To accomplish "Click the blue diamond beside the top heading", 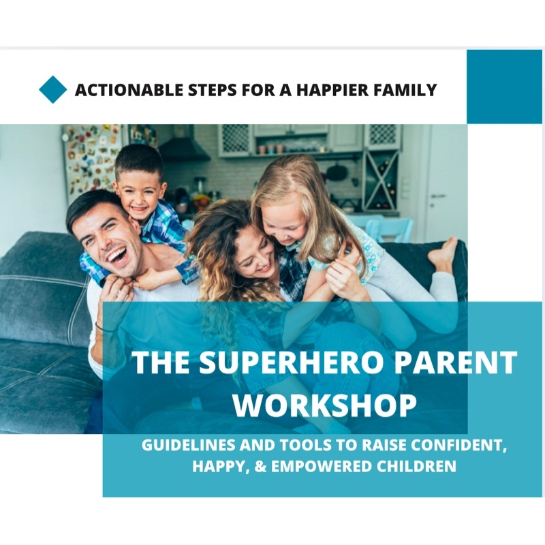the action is pos(53,90).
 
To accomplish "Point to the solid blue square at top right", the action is pos(504,87).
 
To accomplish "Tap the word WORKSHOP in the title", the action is pos(325,405).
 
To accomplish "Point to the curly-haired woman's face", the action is pos(258,259).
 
